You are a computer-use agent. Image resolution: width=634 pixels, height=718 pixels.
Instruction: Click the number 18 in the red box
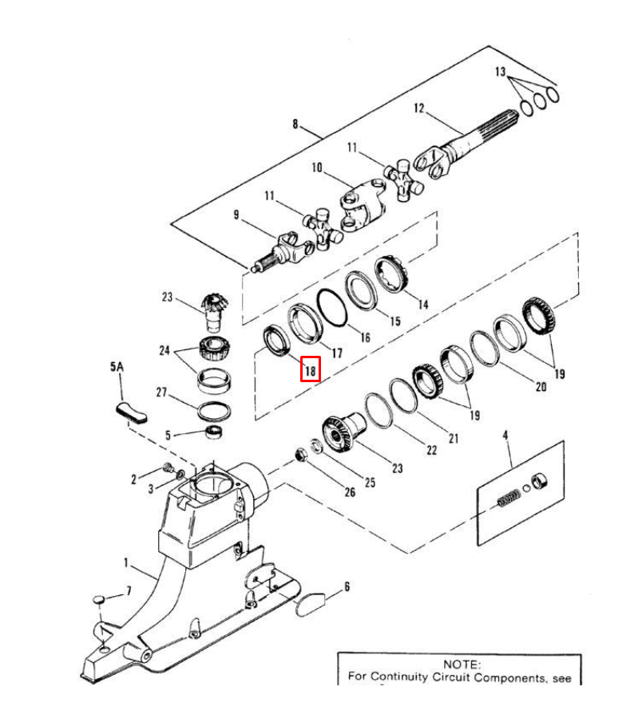click(311, 370)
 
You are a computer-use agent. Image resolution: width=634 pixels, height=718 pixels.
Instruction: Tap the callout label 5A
click(117, 366)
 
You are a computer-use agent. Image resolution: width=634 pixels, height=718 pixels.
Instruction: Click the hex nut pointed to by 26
click(300, 456)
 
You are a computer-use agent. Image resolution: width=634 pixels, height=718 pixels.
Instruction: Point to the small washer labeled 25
click(316, 445)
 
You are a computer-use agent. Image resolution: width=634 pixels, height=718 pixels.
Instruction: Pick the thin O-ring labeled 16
click(332, 308)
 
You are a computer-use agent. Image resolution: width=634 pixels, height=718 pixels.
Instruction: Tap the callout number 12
click(419, 108)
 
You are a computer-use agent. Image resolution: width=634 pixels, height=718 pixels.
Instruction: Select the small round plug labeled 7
click(99, 599)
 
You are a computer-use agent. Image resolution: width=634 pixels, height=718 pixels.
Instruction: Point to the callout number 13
click(500, 72)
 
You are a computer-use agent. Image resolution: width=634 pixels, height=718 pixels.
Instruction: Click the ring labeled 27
click(214, 411)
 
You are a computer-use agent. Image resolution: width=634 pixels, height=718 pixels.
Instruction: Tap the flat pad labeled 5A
click(131, 412)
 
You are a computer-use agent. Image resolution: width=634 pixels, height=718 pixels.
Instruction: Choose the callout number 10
click(317, 168)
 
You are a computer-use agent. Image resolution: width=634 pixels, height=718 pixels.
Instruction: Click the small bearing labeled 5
click(214, 432)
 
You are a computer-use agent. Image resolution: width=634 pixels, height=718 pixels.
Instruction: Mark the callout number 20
click(541, 387)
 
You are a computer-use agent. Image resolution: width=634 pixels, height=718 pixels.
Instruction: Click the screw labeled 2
click(168, 468)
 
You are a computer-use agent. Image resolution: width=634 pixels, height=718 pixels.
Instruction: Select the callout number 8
click(295, 124)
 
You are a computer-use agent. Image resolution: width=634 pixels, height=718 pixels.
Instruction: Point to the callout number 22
click(431, 450)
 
